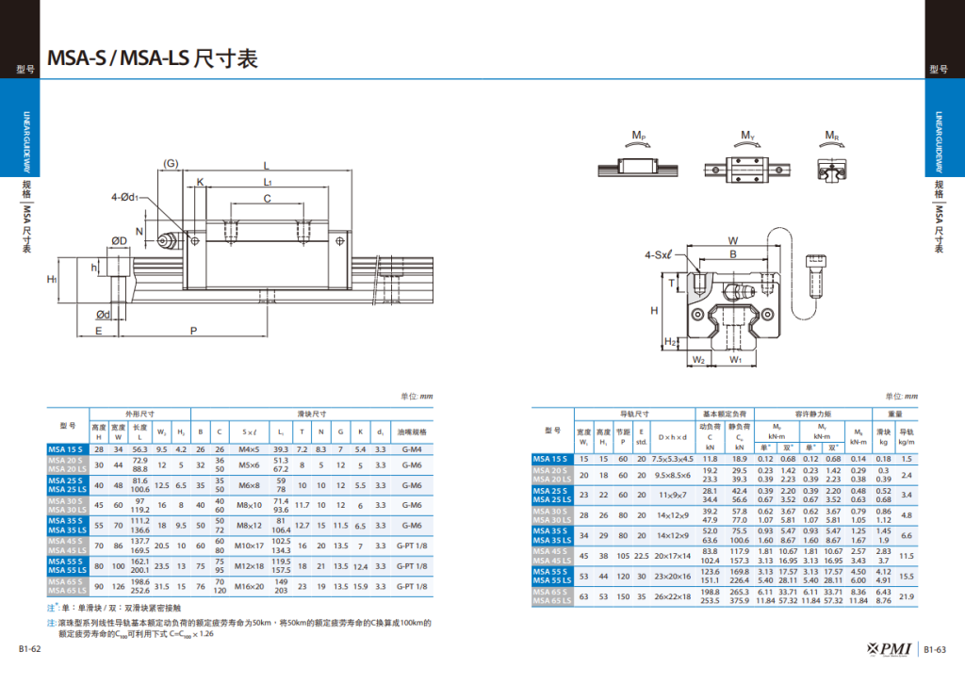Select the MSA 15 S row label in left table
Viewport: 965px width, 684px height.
coord(67,449)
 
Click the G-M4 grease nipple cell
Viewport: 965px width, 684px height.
coord(412,449)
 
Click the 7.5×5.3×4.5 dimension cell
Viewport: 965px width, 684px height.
coord(673,459)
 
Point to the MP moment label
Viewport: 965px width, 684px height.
coord(639,138)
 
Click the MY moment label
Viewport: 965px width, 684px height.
coord(747,138)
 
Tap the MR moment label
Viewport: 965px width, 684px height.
coord(832,138)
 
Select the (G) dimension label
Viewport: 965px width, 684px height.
coord(171,164)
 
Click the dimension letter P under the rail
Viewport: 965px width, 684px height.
coord(193,331)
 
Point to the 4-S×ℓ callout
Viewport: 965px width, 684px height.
coord(658,254)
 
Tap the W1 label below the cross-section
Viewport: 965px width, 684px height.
coord(736,360)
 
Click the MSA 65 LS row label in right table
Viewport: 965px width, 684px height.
coord(553,603)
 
